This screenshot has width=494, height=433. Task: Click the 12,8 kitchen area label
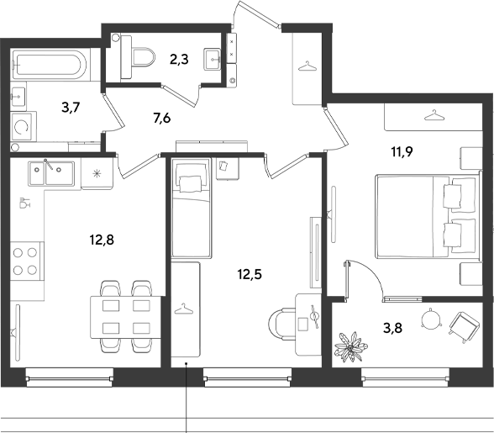(x=102, y=240)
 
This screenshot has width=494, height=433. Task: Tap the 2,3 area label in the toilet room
(x=179, y=59)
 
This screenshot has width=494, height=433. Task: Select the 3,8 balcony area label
(x=393, y=328)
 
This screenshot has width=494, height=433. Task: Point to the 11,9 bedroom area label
(x=402, y=152)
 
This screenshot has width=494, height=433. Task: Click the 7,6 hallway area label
(x=162, y=119)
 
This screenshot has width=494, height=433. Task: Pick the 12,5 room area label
(x=250, y=274)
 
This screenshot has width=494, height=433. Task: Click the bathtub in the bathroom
(x=50, y=65)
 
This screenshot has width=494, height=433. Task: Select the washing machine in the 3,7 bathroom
(x=24, y=127)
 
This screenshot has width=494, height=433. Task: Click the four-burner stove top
(x=27, y=261)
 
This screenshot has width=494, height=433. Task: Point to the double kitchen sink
(x=51, y=173)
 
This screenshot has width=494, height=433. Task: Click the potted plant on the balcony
(x=350, y=347)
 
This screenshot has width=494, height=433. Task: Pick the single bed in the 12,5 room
(x=191, y=208)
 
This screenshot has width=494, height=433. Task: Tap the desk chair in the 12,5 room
(x=281, y=324)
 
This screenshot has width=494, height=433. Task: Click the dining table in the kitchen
(x=125, y=317)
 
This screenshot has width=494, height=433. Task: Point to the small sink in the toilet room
(x=213, y=59)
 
